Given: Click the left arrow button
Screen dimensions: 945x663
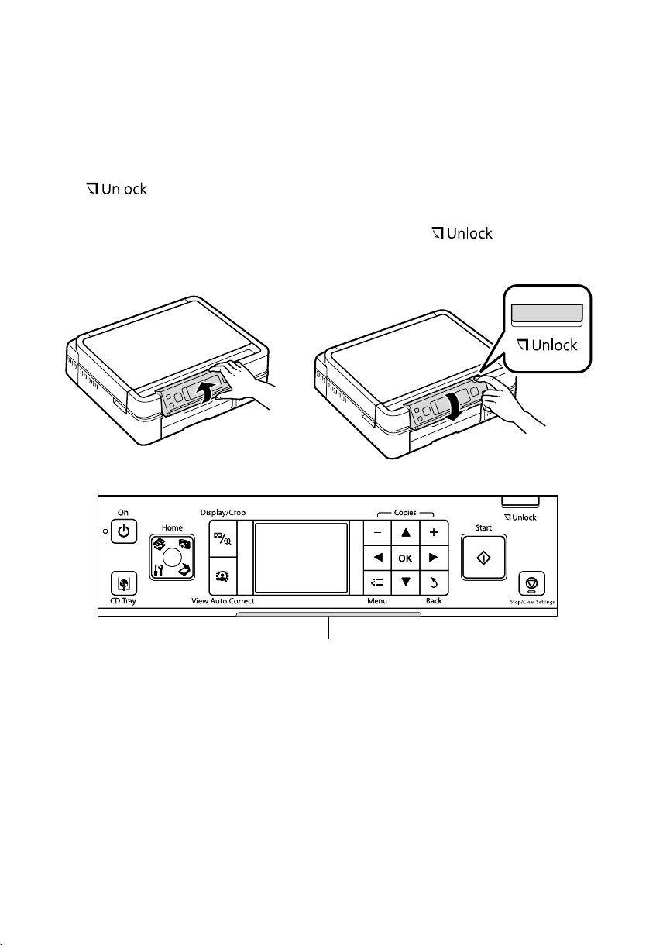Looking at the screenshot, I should click(379, 558).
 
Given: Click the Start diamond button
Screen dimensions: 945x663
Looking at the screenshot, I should click(483, 555).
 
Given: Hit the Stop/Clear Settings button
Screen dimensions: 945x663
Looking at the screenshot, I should click(535, 582).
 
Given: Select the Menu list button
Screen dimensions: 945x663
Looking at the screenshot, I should click(379, 582).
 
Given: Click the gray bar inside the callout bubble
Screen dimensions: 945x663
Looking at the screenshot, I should click(546, 312).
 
